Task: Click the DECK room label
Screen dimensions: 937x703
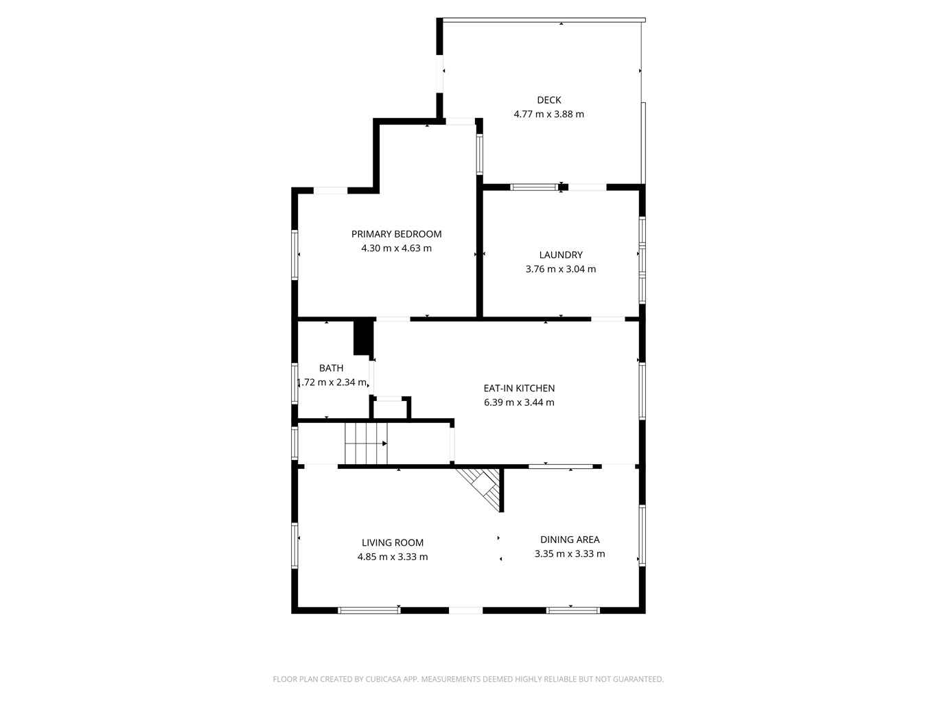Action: [x=548, y=100]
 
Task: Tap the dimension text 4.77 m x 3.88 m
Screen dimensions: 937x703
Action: [x=548, y=114]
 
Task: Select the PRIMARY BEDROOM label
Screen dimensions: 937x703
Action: [x=396, y=234]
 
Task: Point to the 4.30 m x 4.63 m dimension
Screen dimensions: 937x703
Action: [x=396, y=248]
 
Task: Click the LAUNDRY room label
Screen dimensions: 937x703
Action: [x=561, y=255]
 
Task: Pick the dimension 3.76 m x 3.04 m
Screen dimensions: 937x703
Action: [x=561, y=269]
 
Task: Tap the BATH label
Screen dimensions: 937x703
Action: [x=331, y=368]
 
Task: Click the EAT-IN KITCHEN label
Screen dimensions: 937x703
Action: [x=519, y=388]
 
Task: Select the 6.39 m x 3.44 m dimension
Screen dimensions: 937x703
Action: [x=519, y=402]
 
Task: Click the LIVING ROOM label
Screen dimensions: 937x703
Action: [x=392, y=542]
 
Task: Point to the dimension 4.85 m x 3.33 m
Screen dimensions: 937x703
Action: [x=392, y=557]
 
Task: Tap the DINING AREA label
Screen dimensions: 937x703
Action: [x=570, y=540]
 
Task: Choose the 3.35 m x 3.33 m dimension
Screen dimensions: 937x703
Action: [x=570, y=553]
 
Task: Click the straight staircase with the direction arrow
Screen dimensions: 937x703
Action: [x=366, y=443]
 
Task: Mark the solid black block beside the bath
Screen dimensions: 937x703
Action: [x=363, y=338]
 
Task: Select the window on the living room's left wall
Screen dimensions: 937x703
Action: [x=294, y=546]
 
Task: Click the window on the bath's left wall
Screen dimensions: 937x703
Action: [x=294, y=383]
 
